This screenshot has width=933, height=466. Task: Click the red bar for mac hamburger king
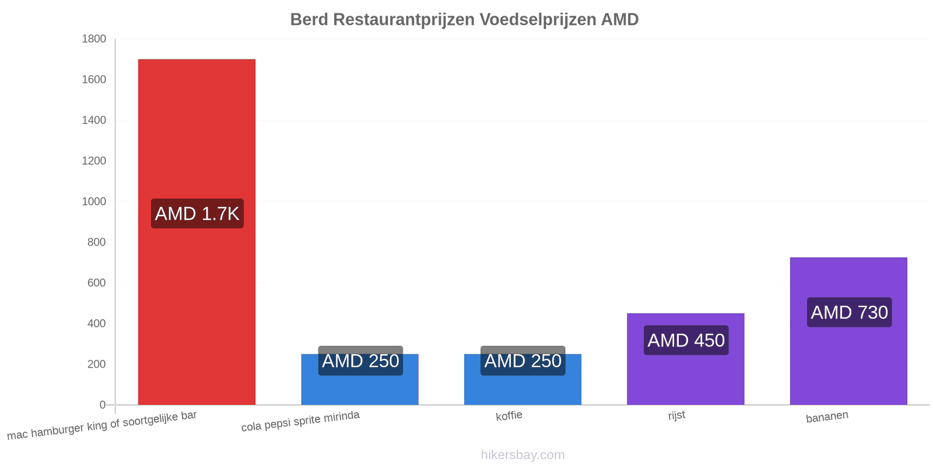197,232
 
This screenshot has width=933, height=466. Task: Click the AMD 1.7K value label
197,213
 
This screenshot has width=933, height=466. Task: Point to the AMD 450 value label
686,340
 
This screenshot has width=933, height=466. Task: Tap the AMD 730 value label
849,312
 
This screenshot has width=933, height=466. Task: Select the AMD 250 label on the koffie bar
522,361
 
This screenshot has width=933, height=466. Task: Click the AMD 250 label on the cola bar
360,361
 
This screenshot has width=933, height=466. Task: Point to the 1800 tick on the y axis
94,38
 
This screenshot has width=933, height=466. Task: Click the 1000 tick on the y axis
94,202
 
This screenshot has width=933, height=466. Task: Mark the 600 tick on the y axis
97,283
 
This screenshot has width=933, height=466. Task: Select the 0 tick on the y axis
103,405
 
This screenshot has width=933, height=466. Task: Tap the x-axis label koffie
509,416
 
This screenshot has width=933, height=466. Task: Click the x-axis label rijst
676,415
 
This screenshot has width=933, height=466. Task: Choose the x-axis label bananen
827,416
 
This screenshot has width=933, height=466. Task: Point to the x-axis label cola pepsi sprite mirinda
300,421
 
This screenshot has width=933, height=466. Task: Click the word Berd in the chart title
309,20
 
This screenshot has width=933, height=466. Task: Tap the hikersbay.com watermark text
522,454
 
